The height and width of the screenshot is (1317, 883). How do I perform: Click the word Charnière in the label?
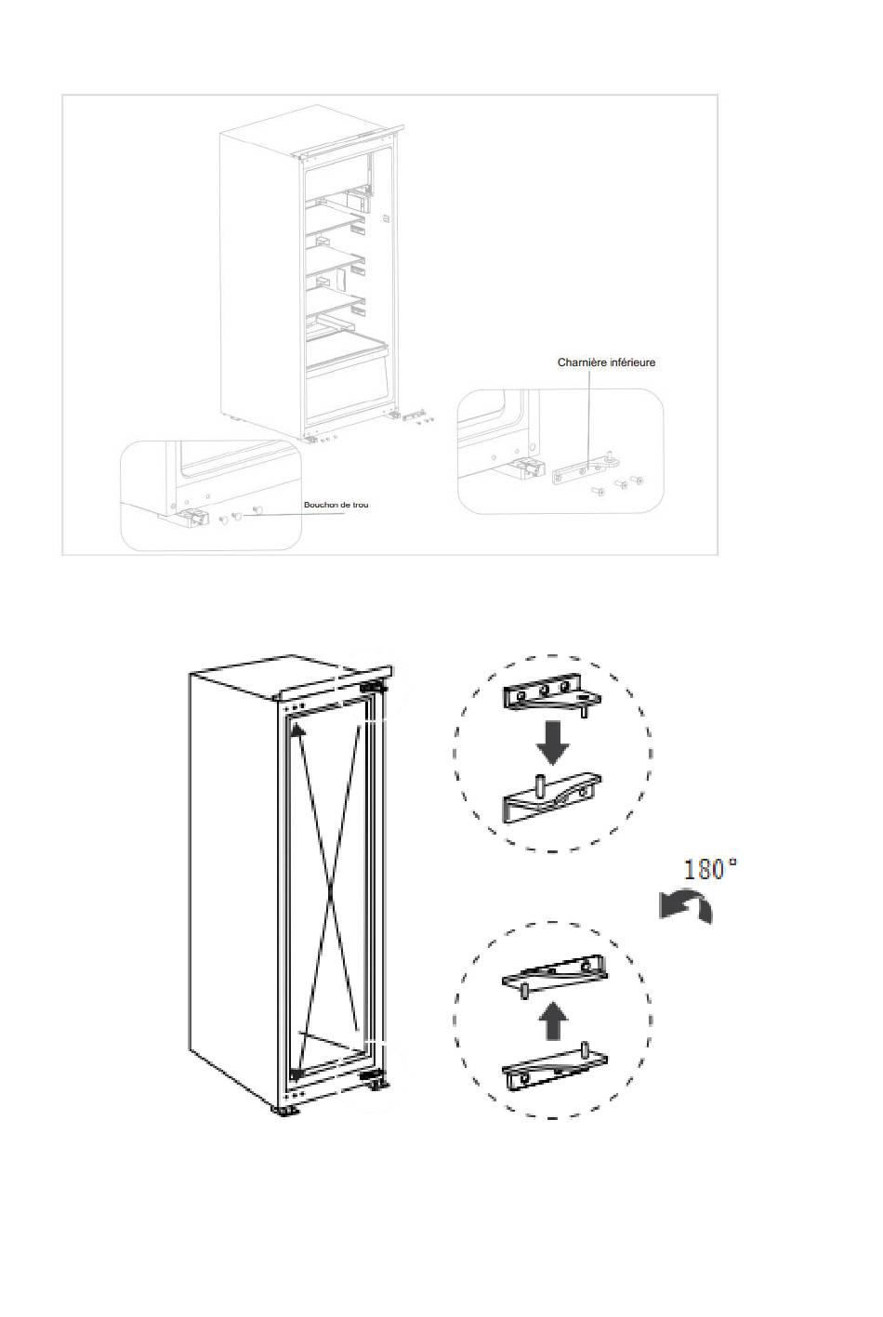[x=580, y=362]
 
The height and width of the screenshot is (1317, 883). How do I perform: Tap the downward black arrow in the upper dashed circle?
[x=553, y=744]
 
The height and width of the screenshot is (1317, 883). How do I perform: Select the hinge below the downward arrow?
[x=552, y=797]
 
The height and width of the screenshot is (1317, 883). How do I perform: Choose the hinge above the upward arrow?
[x=555, y=975]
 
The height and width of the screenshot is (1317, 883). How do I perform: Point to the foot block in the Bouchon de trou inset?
[x=190, y=518]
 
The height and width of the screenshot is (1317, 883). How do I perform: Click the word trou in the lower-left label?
[x=361, y=505]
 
